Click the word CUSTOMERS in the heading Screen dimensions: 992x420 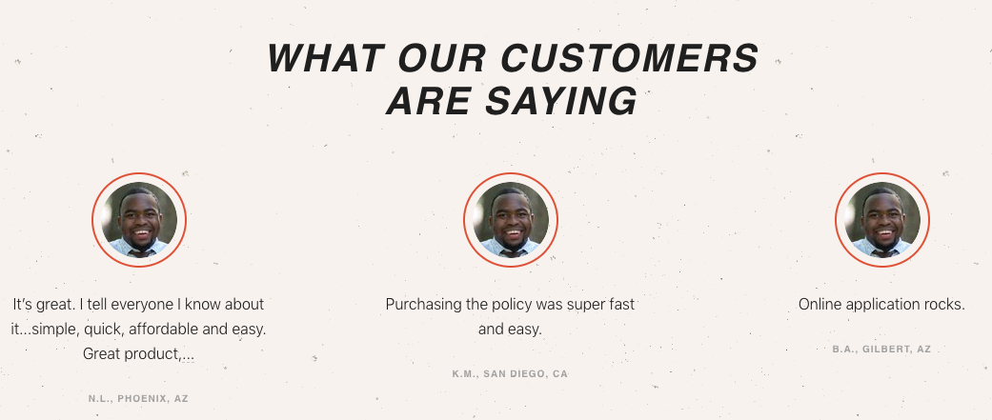630,58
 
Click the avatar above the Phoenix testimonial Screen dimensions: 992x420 139,219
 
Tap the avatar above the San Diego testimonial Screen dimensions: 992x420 511,219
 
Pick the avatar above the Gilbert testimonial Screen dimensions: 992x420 881,219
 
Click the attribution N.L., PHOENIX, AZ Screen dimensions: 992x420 138,398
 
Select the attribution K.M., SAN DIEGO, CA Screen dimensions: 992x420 510,374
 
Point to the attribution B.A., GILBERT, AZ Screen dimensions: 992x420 881,350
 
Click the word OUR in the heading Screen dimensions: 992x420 442,58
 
